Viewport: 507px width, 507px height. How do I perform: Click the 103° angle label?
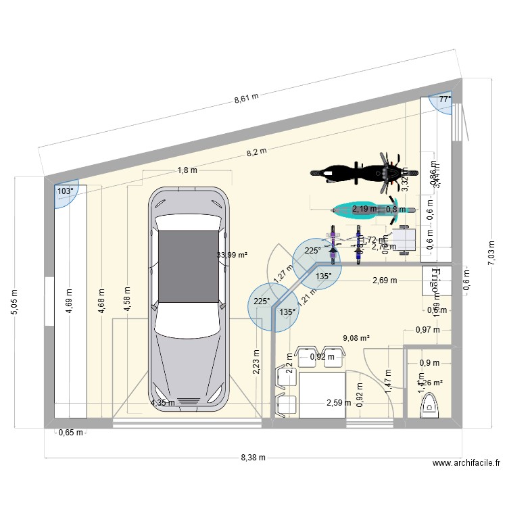tap(65, 191)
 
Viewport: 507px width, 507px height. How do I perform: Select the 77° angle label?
tap(444, 99)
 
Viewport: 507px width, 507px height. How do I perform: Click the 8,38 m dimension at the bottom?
tap(254, 458)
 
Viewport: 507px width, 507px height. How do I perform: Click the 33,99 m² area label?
tap(232, 255)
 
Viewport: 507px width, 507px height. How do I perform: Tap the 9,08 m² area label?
tap(356, 337)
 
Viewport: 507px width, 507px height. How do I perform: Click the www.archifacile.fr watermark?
tap(466, 463)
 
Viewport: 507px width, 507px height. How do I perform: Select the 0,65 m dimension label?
tap(70, 433)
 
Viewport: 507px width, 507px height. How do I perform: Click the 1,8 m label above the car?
tap(187, 170)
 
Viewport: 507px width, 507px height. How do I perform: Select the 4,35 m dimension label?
tap(163, 403)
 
